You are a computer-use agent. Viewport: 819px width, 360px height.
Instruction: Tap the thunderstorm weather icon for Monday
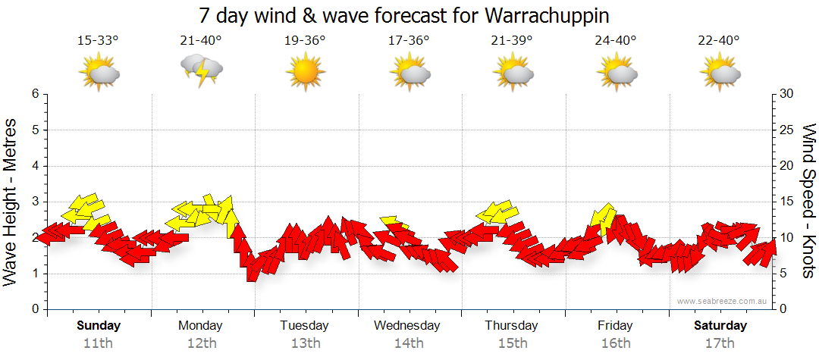(x=202, y=70)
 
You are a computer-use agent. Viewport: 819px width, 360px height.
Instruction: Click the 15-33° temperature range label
(x=98, y=40)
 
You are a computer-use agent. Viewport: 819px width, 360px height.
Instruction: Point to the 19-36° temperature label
(x=305, y=40)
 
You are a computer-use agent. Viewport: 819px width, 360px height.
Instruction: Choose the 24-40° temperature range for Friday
(x=616, y=40)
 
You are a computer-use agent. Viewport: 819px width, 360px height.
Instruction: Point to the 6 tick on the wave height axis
(x=34, y=94)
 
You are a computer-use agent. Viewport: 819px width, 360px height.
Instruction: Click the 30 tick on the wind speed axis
(x=786, y=94)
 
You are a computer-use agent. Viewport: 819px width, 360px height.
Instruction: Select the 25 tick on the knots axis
(x=786, y=130)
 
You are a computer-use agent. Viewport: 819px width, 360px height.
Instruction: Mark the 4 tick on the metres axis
(x=34, y=166)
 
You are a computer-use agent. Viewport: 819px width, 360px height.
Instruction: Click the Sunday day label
(x=98, y=326)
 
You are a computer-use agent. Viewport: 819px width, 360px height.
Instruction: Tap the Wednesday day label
(x=407, y=326)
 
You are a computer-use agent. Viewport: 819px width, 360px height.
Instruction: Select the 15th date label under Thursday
(x=512, y=343)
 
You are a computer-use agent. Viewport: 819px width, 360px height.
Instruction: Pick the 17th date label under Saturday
(x=720, y=343)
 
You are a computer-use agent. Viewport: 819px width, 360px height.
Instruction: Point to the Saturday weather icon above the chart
(x=720, y=72)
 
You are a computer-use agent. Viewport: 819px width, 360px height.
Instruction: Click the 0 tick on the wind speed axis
(x=783, y=309)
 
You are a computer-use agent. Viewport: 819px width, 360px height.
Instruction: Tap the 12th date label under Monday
(x=201, y=343)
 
